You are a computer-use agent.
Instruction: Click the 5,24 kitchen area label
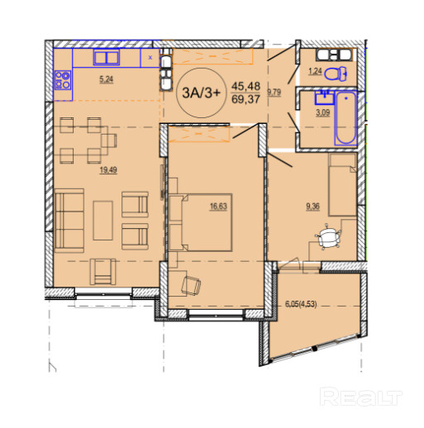tap(107, 79)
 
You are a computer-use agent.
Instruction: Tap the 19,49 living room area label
tap(108, 170)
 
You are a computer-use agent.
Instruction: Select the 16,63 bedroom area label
tap(218, 207)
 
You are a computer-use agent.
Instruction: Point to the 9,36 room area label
tap(313, 207)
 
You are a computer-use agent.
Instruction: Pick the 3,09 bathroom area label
tap(322, 112)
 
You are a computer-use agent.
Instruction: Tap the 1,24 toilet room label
tap(315, 71)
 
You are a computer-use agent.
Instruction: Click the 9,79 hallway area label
tap(274, 92)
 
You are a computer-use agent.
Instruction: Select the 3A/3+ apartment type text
tap(202, 93)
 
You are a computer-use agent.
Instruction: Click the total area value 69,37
tap(245, 99)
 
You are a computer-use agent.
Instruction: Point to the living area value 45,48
tap(245, 86)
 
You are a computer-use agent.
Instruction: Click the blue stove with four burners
tap(63, 80)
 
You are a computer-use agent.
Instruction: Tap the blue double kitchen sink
tap(107, 57)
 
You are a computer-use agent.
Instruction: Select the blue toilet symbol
tap(336, 74)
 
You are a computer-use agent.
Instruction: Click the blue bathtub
tap(346, 118)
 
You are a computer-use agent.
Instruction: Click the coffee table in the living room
tap(102, 221)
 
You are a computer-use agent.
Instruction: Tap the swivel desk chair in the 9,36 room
tap(328, 237)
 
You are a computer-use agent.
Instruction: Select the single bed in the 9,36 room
tap(342, 184)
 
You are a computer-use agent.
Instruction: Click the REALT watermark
tap(360, 397)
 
